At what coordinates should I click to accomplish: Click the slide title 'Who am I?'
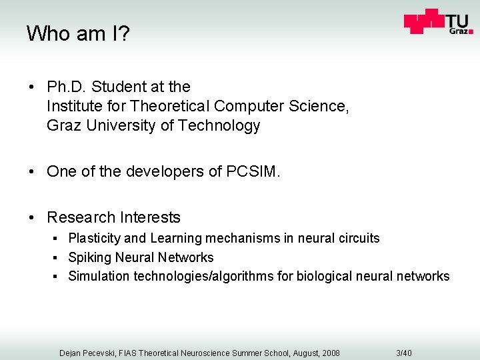77,33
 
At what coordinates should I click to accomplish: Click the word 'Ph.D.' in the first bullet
67,87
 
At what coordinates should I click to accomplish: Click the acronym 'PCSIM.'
254,171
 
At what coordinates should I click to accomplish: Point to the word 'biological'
322,276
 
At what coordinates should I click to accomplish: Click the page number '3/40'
404,353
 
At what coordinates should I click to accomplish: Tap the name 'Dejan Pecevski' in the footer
87,353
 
